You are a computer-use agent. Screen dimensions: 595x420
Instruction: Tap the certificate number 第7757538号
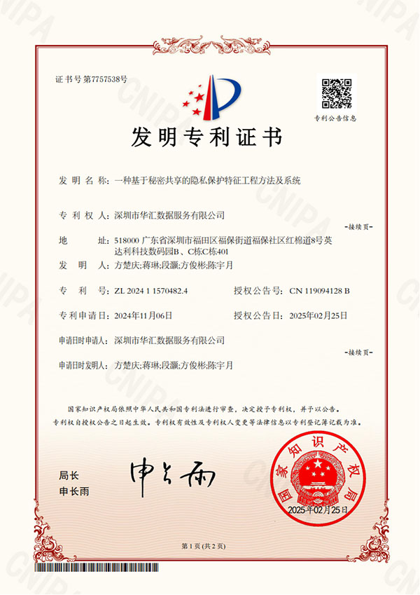coord(105,79)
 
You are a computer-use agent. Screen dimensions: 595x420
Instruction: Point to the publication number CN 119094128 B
coord(319,290)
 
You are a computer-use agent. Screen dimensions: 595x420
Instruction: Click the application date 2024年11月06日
coord(143,315)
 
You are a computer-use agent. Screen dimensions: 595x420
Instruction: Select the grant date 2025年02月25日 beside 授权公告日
coord(318,315)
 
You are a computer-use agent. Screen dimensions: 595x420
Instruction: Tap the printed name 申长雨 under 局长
coord(75,491)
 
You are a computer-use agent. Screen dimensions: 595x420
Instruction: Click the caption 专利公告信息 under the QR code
coord(335,118)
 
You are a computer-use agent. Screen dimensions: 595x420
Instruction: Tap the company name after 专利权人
coord(169,214)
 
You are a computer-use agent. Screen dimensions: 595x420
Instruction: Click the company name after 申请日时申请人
coord(169,340)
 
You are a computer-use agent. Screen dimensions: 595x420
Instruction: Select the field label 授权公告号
coord(258,290)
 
